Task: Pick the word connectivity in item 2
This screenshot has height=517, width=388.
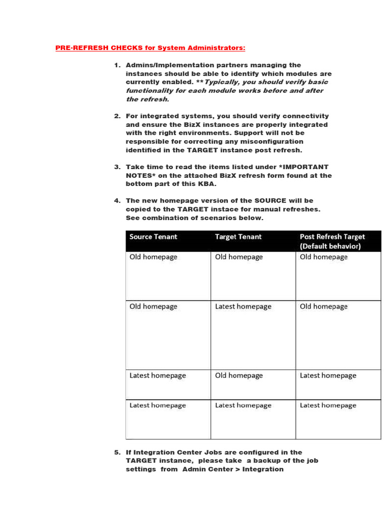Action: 306,116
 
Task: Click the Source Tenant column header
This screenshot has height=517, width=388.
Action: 154,237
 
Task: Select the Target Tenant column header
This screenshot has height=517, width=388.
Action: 238,237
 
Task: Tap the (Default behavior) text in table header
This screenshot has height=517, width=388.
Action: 330,246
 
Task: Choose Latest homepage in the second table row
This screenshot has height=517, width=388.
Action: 243,306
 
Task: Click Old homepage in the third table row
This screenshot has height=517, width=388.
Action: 239,376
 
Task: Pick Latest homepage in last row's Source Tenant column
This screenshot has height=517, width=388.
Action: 158,405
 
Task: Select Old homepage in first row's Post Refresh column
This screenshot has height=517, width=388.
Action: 324,257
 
